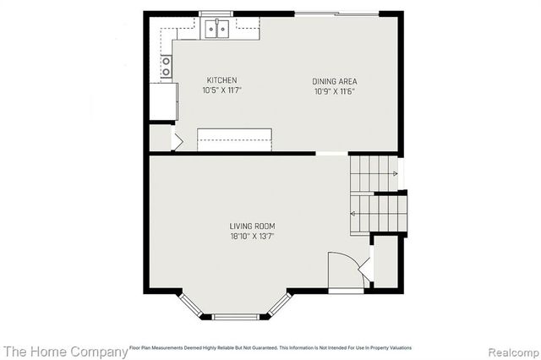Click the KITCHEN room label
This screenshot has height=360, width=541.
point(217,80)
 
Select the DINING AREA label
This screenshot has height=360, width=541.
point(335,81)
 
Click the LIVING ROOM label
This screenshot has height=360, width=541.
point(252,226)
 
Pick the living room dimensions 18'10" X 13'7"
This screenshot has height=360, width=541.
point(252,236)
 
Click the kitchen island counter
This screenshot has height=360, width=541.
point(234,139)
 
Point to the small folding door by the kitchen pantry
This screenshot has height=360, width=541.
point(178,140)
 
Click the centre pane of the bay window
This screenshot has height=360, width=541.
point(233,317)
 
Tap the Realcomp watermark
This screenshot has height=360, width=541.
point(514,350)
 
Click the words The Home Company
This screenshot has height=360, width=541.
point(65,350)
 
